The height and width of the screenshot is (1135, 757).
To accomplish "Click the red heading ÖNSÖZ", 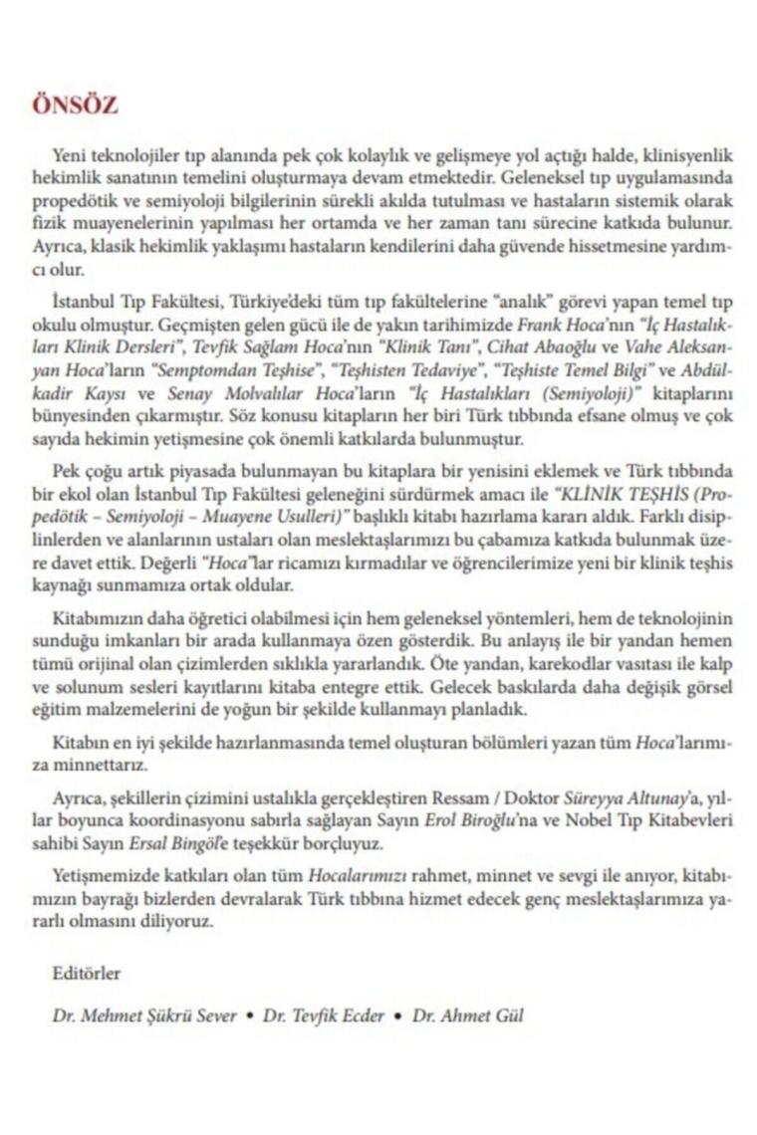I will point(75,106).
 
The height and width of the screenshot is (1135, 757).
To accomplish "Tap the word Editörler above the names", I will point(86,974).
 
